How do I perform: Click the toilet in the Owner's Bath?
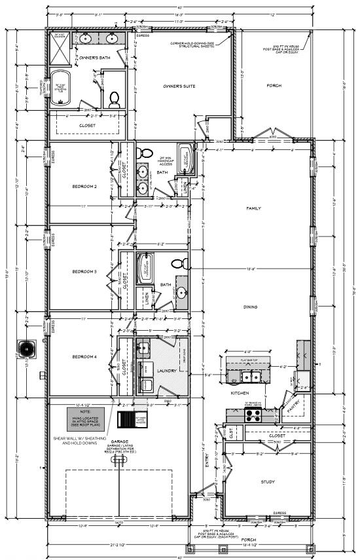(115, 99)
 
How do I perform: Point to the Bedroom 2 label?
(84, 187)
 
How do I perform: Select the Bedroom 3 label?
(84, 271)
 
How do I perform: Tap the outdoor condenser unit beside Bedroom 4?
(28, 347)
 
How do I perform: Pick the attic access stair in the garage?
(125, 419)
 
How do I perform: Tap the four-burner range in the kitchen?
(253, 414)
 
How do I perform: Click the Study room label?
(267, 482)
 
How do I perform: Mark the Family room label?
(253, 208)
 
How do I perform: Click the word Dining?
(250, 307)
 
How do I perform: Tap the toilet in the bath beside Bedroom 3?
(176, 264)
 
